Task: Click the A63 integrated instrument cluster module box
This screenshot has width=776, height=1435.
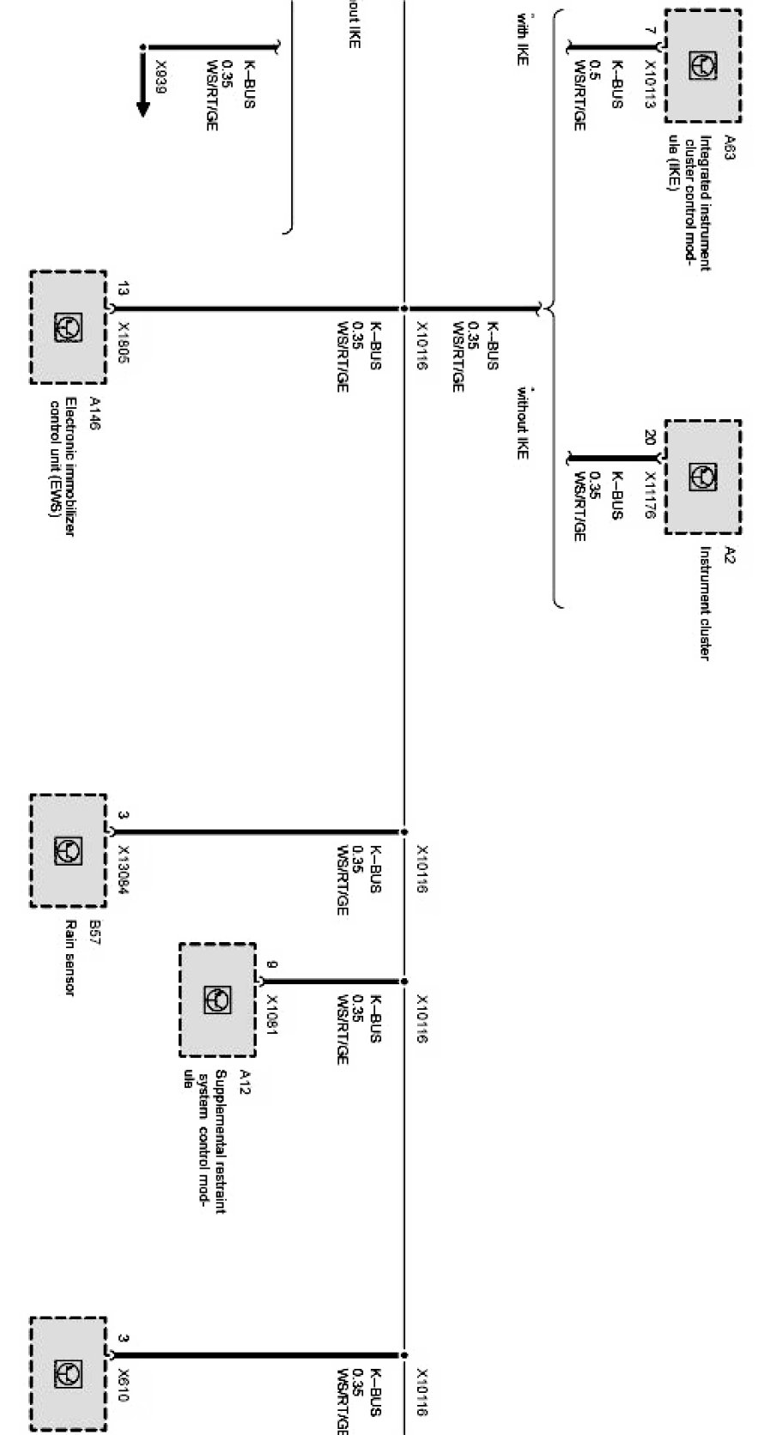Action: coord(702,65)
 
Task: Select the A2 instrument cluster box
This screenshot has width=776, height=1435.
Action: coord(702,477)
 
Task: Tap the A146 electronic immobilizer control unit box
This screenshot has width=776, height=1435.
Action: coord(69,327)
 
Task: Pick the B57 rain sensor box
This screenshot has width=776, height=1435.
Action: coord(69,850)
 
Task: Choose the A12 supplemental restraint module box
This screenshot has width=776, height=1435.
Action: coord(217,1000)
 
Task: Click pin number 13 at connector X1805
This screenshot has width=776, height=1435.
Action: coord(124,288)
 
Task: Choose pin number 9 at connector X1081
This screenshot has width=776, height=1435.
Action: coord(272,965)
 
